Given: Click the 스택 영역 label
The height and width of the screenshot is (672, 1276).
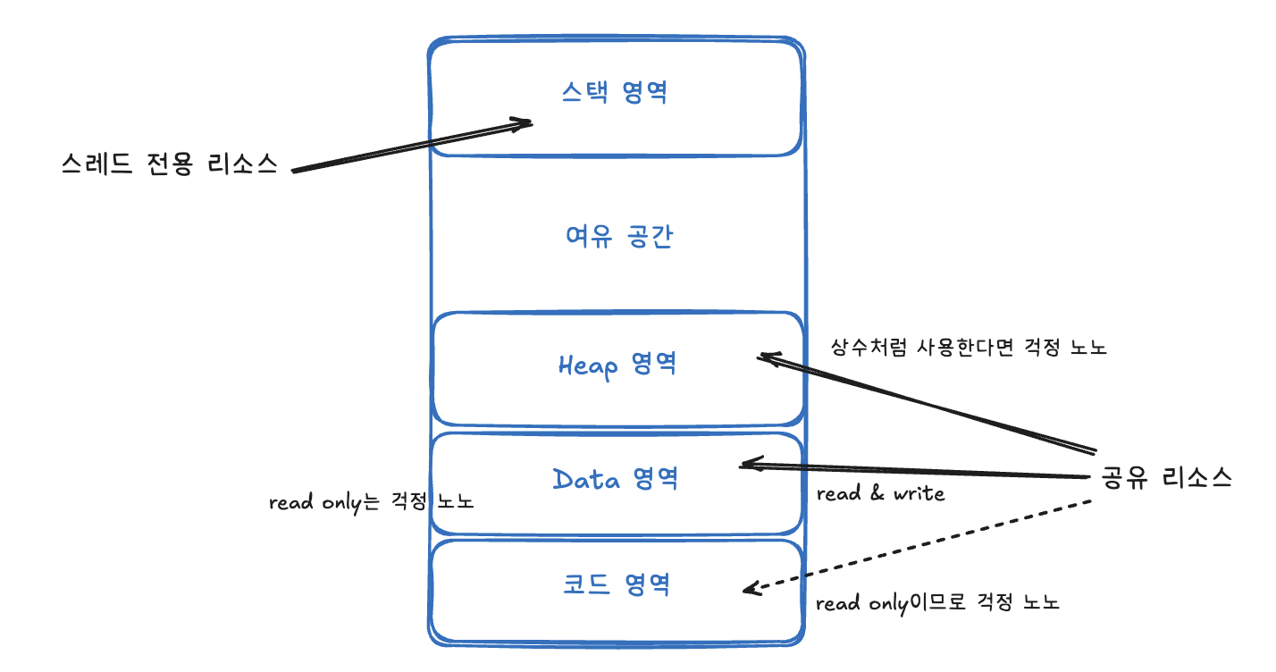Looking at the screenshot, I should tap(615, 93).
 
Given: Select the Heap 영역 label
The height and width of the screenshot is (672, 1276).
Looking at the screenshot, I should tap(617, 365).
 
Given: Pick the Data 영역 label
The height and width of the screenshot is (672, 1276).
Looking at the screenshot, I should tap(615, 479).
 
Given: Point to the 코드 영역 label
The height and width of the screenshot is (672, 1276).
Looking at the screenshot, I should tap(617, 584).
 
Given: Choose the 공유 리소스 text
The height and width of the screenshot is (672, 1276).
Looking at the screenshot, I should tap(1167, 478).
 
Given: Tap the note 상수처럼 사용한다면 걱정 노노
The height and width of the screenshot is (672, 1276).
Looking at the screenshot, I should tap(969, 348).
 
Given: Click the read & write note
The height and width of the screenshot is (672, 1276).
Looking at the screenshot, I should tap(880, 493).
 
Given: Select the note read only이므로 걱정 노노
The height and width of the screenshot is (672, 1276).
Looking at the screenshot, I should tap(937, 603).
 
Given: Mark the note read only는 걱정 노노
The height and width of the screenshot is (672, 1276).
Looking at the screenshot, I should tap(371, 502).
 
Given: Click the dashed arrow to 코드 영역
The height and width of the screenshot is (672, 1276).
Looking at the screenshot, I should tap(920, 545).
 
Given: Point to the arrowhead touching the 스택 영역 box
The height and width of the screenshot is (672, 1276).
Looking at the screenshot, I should tap(525, 123).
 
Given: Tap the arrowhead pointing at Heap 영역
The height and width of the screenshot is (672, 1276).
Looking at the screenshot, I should tap(765, 357).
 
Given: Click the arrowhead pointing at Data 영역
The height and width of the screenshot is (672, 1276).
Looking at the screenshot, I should tap(747, 465).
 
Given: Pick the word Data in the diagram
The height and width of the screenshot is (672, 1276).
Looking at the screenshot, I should tap(586, 479).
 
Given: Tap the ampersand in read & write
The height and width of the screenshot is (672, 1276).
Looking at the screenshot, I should tap(878, 493).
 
